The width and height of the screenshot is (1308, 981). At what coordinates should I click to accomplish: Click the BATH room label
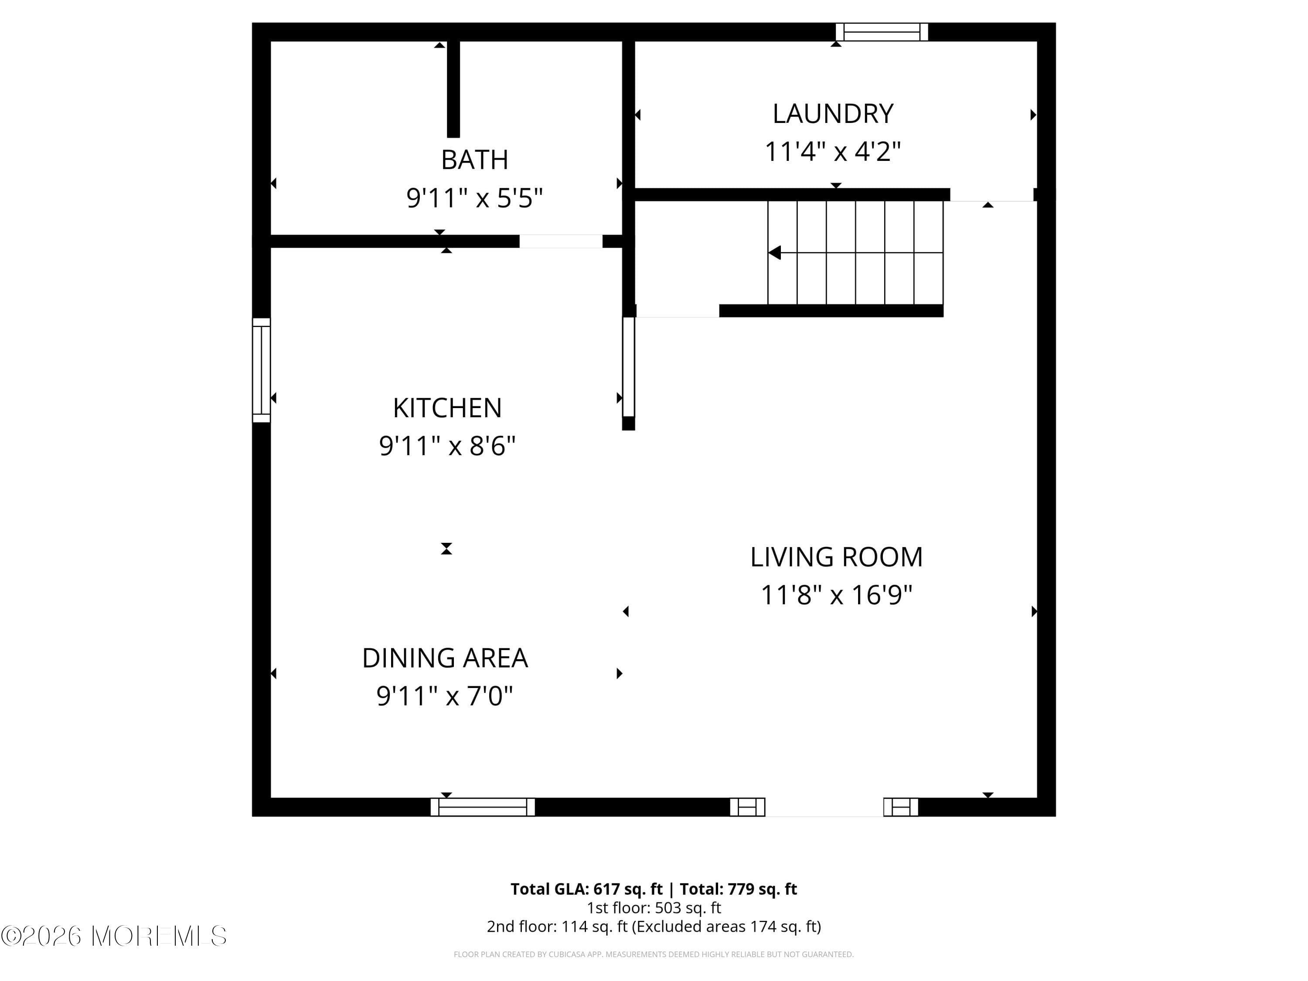(x=474, y=160)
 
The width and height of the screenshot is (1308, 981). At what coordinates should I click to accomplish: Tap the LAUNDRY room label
(x=833, y=113)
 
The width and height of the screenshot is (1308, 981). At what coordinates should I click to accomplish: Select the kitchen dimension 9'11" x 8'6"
(x=447, y=446)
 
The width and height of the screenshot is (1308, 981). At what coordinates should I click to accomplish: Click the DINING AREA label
(x=445, y=658)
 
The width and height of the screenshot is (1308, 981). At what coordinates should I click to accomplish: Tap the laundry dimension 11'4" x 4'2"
(x=833, y=151)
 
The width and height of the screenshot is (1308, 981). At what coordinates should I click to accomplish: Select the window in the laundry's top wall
(x=882, y=32)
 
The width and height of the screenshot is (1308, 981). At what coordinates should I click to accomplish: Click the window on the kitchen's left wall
(x=261, y=370)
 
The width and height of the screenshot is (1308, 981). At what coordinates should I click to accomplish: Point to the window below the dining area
(x=483, y=807)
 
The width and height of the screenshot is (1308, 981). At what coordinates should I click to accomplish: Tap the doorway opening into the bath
(x=561, y=241)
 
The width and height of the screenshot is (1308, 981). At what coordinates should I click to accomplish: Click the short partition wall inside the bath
(x=453, y=89)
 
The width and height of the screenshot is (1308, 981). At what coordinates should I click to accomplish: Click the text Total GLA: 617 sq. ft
(x=586, y=889)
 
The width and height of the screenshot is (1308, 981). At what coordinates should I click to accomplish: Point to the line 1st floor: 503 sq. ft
(x=654, y=908)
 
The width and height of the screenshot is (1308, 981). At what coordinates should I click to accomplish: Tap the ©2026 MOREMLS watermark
(x=113, y=936)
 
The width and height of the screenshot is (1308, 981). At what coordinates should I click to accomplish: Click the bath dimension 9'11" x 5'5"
(x=474, y=198)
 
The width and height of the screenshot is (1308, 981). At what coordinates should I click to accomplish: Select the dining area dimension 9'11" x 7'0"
(x=445, y=696)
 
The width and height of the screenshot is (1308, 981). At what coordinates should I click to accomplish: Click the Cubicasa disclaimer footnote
(x=654, y=954)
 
